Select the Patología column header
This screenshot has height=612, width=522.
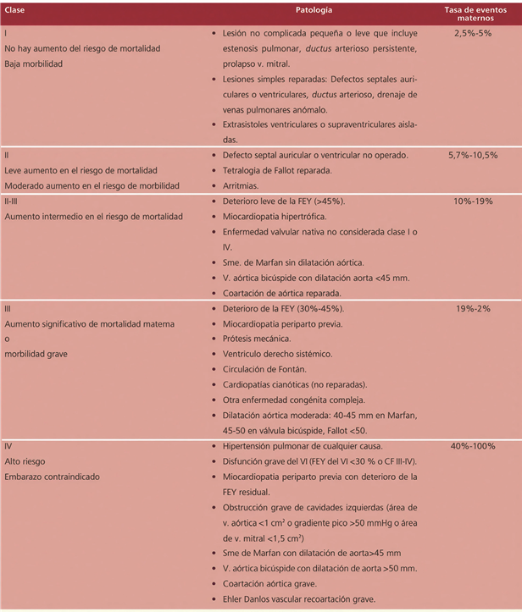coord(314,10)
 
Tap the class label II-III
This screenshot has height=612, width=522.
coord(15,201)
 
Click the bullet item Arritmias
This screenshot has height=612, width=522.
coord(241,185)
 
